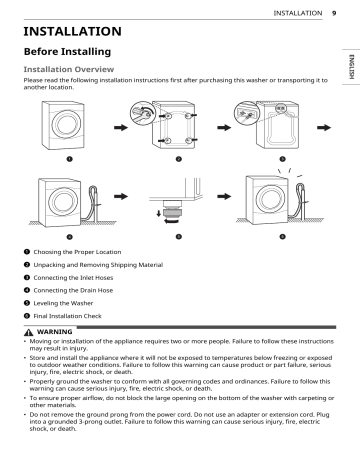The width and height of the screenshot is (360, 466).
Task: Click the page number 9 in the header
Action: (x=334, y=13)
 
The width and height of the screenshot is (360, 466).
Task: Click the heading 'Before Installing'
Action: (x=67, y=52)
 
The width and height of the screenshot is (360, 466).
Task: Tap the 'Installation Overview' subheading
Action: (x=69, y=69)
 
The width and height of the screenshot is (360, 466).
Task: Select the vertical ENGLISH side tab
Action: (x=351, y=67)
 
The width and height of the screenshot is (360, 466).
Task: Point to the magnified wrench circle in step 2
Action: (x=143, y=113)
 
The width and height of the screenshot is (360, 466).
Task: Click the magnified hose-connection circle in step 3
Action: (x=247, y=114)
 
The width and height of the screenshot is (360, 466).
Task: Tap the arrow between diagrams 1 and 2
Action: (x=121, y=128)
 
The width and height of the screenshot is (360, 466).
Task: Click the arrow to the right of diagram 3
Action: (x=324, y=128)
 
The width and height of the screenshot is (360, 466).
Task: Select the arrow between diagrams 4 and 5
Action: (x=121, y=196)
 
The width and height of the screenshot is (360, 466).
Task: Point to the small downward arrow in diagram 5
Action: (x=159, y=213)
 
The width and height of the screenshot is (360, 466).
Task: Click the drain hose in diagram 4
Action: (x=93, y=202)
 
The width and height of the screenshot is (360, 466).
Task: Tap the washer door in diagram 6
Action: (x=271, y=199)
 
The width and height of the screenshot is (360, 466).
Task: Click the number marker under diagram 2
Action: (x=179, y=159)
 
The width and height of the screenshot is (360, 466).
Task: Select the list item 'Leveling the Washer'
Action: (x=63, y=303)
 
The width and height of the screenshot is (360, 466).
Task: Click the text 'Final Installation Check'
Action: (x=67, y=316)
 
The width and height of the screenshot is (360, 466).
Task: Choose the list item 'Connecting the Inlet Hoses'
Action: (x=73, y=278)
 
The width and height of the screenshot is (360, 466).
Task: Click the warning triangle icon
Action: (x=29, y=332)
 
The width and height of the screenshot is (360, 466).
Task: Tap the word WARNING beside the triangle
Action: (x=54, y=332)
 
